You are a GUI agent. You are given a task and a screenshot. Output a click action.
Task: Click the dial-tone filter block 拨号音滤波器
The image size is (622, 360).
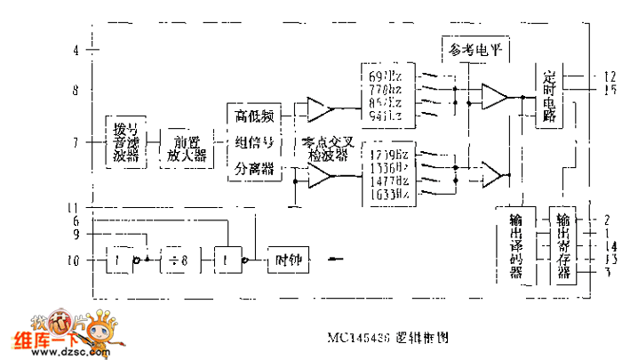click(126, 141)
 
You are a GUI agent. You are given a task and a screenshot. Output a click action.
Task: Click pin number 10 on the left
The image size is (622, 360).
click(74, 261)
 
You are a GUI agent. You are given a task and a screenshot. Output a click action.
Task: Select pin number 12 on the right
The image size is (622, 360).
click(610, 76)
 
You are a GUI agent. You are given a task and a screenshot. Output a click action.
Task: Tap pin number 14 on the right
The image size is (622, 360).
click(610, 245)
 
